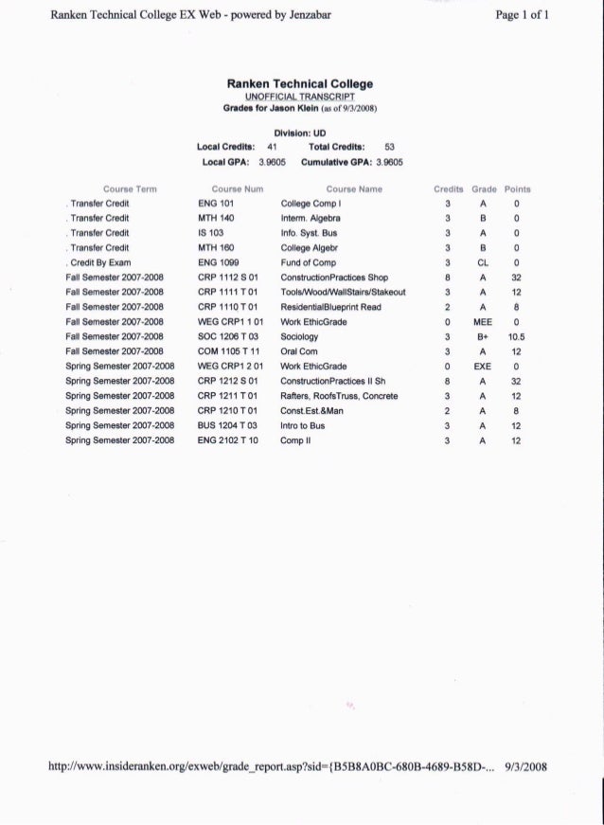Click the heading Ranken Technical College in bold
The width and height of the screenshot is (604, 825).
pyautogui.click(x=300, y=84)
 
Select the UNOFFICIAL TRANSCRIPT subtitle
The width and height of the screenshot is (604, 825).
pyautogui.click(x=300, y=97)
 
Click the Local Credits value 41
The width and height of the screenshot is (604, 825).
pyautogui.click(x=270, y=147)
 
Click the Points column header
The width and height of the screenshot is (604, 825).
pyautogui.click(x=518, y=188)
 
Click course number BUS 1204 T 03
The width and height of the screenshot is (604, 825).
pyautogui.click(x=228, y=426)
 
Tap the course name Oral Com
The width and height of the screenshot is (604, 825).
pyautogui.click(x=300, y=350)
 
